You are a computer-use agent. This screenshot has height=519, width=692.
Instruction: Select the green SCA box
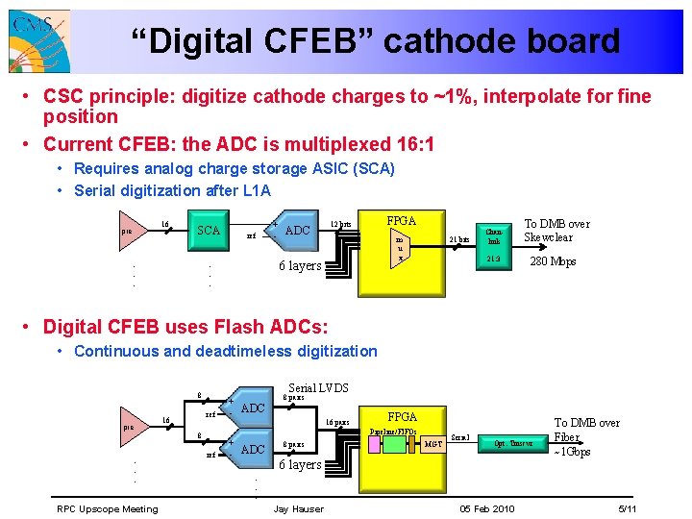209,231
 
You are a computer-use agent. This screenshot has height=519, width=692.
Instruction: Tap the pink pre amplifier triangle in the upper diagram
131,231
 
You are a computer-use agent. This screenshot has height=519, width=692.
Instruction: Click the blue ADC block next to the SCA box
297,231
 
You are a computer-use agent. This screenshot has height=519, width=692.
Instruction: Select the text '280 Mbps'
554,260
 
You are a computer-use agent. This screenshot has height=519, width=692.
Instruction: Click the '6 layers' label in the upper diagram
300,265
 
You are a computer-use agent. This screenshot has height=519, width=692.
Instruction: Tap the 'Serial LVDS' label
318,387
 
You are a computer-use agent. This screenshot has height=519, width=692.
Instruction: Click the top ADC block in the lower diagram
252,408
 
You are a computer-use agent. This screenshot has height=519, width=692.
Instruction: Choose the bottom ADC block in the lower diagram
252,450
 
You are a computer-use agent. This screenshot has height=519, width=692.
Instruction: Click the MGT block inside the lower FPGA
433,444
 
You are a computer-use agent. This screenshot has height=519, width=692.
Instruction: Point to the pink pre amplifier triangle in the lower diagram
131,428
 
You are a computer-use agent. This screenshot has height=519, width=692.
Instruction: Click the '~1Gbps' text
571,452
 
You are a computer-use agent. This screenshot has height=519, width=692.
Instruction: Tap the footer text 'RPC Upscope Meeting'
107,508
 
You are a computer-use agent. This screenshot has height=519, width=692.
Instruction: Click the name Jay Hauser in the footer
299,508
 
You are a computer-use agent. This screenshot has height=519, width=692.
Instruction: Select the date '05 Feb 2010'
487,508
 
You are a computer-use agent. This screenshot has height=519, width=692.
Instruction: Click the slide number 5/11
629,508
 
